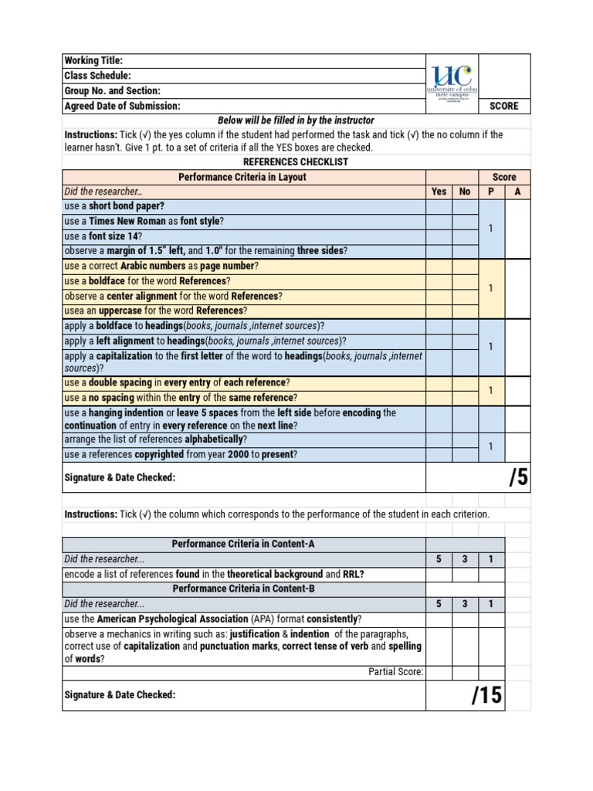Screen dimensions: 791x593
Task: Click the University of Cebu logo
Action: click(452, 83)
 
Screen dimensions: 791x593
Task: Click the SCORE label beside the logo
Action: click(504, 106)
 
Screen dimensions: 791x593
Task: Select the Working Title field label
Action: click(93, 61)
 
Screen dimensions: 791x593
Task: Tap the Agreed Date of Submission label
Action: click(122, 106)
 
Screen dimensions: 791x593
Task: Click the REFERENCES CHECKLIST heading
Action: click(296, 162)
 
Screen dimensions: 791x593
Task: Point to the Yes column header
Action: click(439, 192)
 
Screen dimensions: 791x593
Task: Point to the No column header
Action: click(465, 192)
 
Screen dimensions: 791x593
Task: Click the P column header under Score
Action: click(491, 192)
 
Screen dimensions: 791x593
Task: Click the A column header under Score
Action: click(517, 192)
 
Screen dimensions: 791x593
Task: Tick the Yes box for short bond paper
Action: click(439, 206)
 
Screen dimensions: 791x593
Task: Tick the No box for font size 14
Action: click(465, 236)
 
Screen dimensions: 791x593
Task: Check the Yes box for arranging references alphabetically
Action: click(439, 440)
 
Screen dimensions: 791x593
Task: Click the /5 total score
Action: click(518, 477)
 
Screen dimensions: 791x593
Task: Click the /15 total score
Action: click(486, 695)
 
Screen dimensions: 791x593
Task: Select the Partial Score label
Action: click(395, 672)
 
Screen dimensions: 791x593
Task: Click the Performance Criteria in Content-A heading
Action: click(243, 544)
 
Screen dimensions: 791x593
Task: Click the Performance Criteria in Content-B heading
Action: click(243, 589)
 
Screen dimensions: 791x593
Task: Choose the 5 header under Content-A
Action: click(439, 559)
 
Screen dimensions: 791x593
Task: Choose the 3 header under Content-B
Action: click(465, 604)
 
